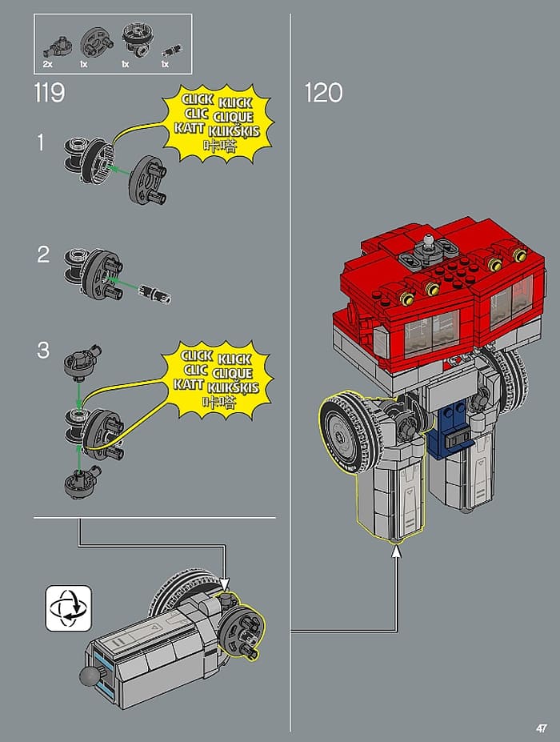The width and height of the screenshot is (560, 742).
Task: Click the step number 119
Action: (x=49, y=93)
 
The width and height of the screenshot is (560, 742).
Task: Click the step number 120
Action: (x=323, y=93)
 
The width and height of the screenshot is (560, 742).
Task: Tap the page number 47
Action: (x=542, y=728)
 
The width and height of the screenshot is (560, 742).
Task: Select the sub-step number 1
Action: (x=42, y=142)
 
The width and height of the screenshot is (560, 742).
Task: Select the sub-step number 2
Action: (x=43, y=255)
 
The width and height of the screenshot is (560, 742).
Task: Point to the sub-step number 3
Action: (x=43, y=351)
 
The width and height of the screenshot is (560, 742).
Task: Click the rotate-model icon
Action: (x=69, y=608)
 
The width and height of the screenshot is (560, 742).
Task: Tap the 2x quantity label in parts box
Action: (x=47, y=64)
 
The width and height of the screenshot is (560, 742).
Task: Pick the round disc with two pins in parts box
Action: (x=96, y=42)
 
